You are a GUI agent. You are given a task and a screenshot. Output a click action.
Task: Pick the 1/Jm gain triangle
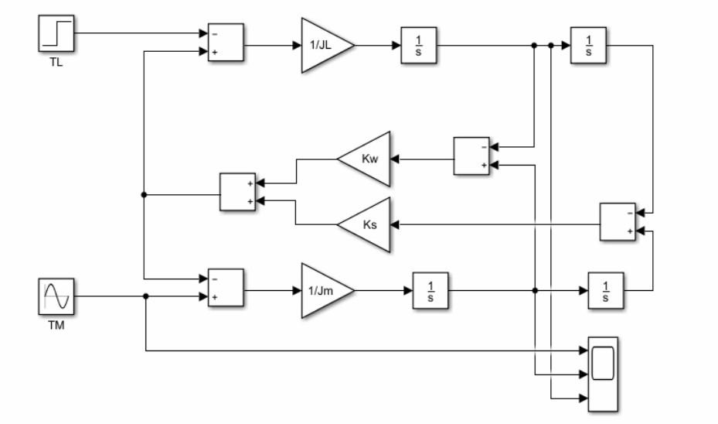click(324, 291)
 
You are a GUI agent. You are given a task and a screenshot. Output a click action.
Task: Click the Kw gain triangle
click(366, 159)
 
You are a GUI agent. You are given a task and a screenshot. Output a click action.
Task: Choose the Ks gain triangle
click(366, 225)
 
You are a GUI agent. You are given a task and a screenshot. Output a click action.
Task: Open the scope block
click(603, 374)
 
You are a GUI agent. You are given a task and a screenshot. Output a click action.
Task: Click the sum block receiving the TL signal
click(226, 43)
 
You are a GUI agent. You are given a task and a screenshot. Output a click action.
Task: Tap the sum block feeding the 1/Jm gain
click(226, 287)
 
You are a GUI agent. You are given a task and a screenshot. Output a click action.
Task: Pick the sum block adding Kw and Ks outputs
click(238, 192)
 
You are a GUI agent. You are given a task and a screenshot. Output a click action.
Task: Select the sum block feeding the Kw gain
click(471, 156)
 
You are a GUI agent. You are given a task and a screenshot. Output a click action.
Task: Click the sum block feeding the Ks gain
click(618, 222)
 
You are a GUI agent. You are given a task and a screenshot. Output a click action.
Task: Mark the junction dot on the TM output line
click(145, 296)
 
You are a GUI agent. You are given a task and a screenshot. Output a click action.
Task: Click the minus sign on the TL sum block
click(214, 34)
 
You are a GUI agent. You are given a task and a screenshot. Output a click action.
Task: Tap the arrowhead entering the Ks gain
click(394, 225)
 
